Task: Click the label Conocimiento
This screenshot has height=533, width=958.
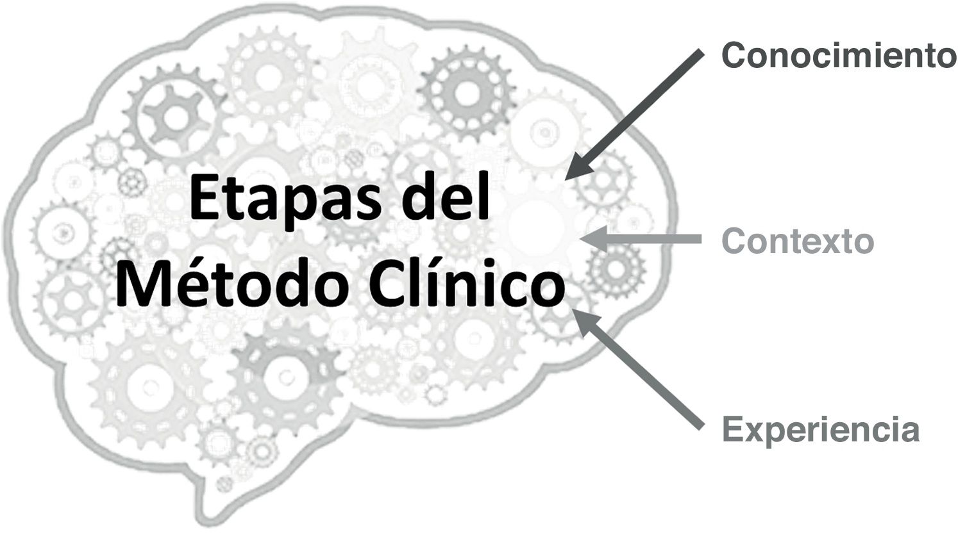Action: pos(839,56)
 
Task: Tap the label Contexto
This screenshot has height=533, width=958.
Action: pos(798,242)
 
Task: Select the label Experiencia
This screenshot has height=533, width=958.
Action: pos(821,429)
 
